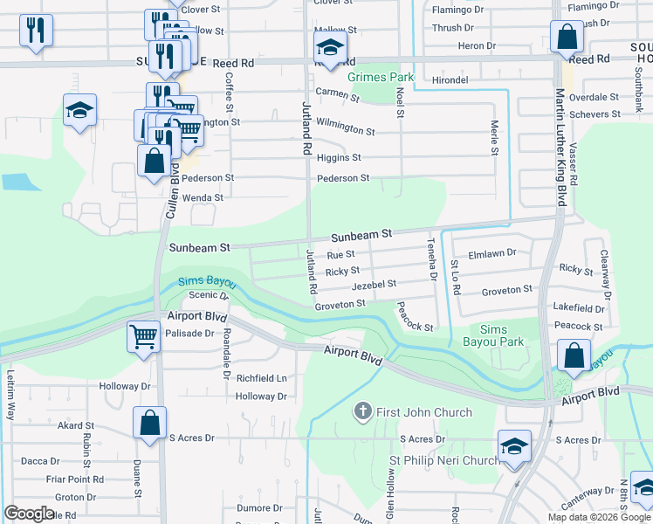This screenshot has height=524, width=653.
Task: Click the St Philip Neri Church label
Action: click(444, 460)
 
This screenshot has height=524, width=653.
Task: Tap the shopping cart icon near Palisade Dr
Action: click(143, 335)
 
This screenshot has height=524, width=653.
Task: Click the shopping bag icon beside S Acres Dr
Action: click(149, 422)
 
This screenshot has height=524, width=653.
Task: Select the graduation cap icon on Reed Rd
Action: click(330, 46)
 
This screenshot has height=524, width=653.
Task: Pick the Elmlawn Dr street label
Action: click(492, 253)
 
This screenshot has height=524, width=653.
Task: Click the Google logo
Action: click(30, 513)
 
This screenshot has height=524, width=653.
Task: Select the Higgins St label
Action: click(339, 158)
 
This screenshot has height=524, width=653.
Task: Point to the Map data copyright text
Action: click(598, 517)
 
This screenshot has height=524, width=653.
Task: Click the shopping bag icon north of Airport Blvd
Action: click(574, 355)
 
